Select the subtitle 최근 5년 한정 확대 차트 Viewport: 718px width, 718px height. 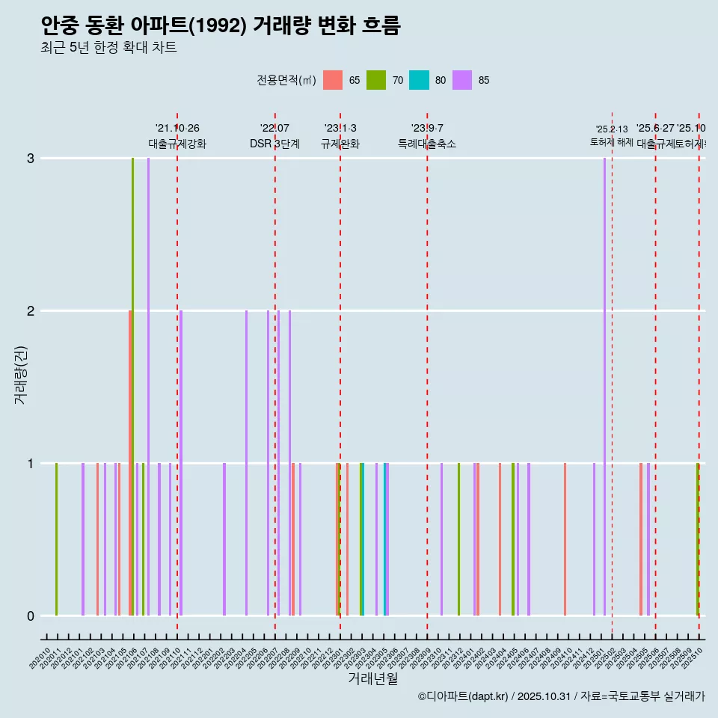[108, 48]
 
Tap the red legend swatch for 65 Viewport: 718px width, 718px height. [333, 80]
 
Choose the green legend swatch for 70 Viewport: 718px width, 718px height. [376, 80]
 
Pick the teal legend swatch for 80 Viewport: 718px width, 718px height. [420, 80]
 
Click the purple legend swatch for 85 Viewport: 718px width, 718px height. [463, 80]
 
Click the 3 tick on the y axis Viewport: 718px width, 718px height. [31, 159]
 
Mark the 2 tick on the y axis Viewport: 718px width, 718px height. [31, 311]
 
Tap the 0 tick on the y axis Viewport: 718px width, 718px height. [31, 616]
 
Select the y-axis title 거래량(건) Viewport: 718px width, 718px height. [20, 374]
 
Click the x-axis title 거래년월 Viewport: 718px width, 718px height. [372, 678]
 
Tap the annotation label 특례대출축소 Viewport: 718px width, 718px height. [427, 144]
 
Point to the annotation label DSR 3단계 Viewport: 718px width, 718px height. [274, 144]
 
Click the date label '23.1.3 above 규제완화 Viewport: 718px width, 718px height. [340, 129]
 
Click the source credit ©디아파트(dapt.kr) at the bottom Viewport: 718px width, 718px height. [464, 696]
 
